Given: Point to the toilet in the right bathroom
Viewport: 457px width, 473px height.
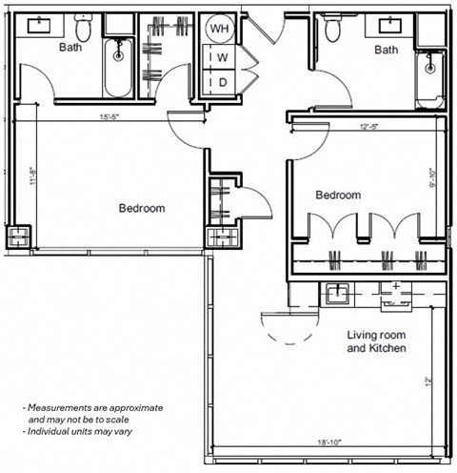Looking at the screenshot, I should [332, 30].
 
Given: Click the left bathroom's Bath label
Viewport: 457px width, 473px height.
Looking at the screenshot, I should [70, 46].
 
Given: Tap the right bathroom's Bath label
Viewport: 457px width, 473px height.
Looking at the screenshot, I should [385, 50].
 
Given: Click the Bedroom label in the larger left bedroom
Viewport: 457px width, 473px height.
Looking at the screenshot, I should [142, 208].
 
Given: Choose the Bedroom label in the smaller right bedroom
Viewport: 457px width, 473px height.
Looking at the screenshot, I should [338, 195].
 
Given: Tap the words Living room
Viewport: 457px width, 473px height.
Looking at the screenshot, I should [376, 336].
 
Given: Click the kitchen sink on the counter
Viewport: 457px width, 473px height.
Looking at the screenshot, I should [337, 294].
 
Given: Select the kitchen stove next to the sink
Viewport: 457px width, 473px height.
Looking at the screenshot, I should [392, 292].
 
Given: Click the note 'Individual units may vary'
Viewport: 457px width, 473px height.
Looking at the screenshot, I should [83, 434].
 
